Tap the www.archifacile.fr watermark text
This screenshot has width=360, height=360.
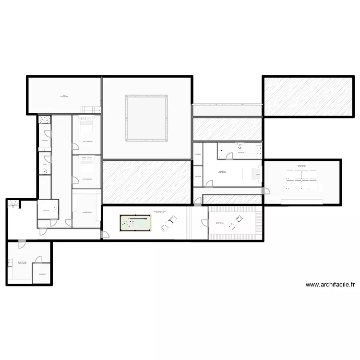pyautogui.click(x=330, y=285)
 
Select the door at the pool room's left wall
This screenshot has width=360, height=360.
pyautogui.click(x=104, y=235)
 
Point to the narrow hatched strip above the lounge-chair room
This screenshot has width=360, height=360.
pyautogui.click(x=227, y=200)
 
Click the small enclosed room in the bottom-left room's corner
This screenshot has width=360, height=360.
pyautogui.click(x=42, y=275)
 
